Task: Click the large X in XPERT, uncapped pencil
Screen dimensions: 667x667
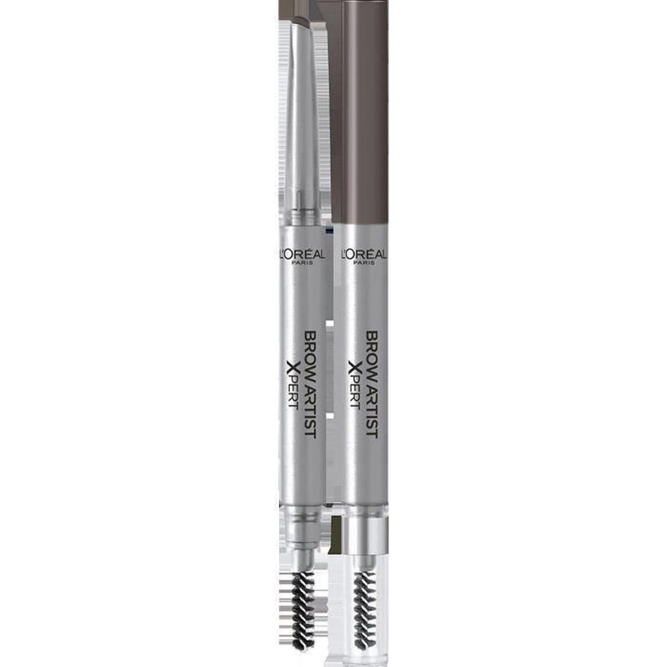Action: click(293, 368)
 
